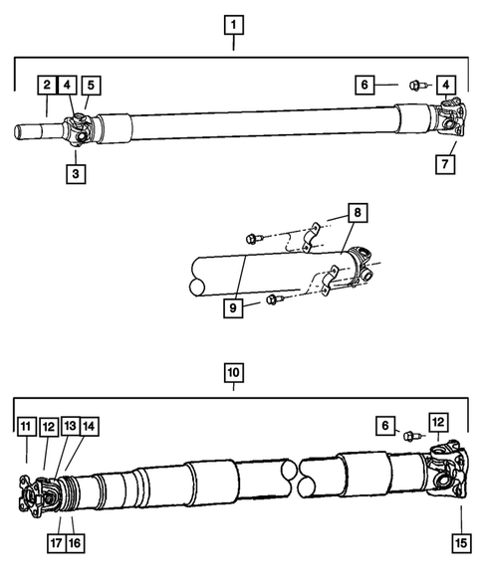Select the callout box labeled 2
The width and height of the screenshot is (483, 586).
pyautogui.click(x=47, y=85)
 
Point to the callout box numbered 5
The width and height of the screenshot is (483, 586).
pyautogui.click(x=91, y=85)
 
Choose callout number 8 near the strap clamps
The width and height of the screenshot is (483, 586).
pyautogui.click(x=357, y=214)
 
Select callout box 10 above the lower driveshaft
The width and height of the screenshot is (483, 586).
pyautogui.click(x=232, y=374)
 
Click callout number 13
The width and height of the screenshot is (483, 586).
pyautogui.click(x=69, y=426)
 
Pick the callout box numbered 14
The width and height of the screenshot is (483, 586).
pyautogui.click(x=90, y=426)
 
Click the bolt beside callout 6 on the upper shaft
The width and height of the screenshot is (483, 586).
pyautogui.click(x=418, y=88)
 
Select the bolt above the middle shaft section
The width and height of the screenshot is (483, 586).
pyautogui.click(x=254, y=237)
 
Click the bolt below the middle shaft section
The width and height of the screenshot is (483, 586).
pyautogui.click(x=274, y=298)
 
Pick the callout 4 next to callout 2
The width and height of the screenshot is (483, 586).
pyautogui.click(x=69, y=85)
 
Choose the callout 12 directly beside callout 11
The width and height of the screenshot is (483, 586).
pyautogui.click(x=48, y=426)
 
